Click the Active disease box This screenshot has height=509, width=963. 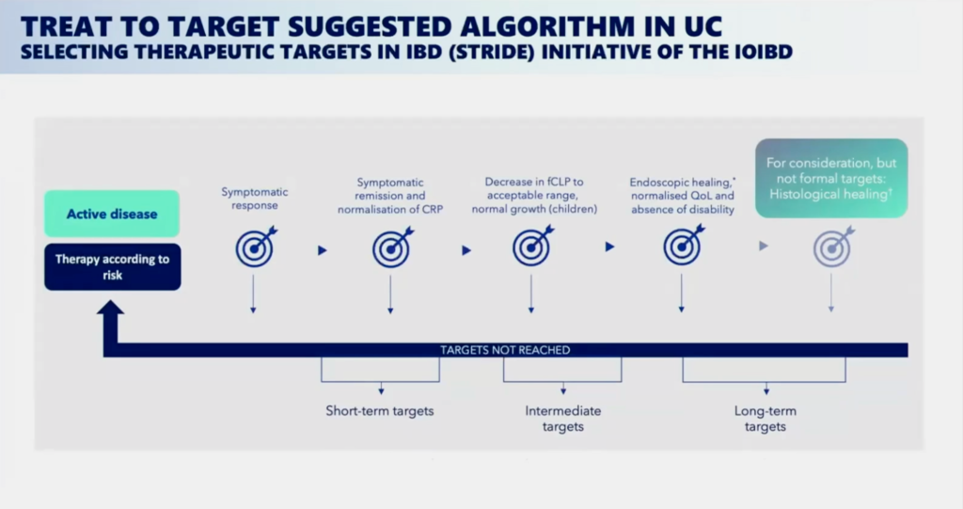tap(112, 214)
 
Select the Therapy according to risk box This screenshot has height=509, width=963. tap(113, 267)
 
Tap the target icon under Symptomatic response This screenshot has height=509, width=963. tap(256, 247)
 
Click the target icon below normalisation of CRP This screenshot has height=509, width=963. tap(392, 247)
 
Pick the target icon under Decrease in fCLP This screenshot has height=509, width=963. tap(533, 246)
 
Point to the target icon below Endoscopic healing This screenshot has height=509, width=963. tap(683, 246)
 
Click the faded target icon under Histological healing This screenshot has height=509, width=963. tap(833, 247)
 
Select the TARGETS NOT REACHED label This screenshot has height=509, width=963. tap(505, 350)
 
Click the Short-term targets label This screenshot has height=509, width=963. tap(380, 410)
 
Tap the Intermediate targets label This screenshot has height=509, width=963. tap(563, 419)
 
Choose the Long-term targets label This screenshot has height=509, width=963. tap(766, 419)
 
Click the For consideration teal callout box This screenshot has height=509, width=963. tap(831, 178)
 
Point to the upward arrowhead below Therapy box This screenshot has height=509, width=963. tap(111, 308)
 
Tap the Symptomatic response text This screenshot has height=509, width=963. tap(255, 199)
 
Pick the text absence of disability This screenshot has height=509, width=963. tap(683, 210)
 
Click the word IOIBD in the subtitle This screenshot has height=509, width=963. tap(764, 52)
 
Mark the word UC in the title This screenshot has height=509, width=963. tap(703, 26)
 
